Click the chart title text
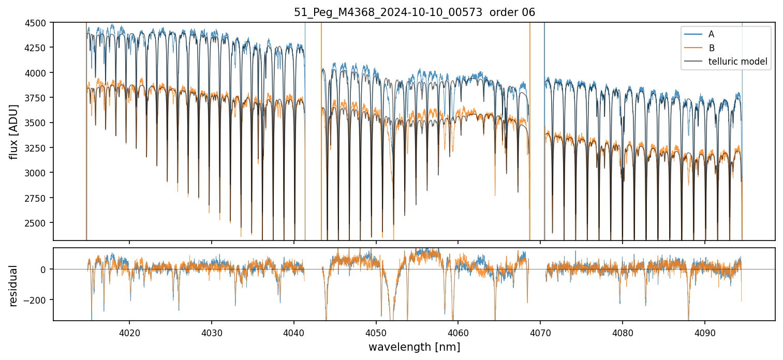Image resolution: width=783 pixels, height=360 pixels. (x=414, y=12)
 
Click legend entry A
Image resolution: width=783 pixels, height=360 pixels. (x=711, y=34)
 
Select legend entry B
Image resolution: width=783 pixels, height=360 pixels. (x=712, y=48)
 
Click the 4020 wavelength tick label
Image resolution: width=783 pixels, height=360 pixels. (x=129, y=331)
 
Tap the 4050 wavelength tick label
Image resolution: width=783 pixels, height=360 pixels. (x=376, y=331)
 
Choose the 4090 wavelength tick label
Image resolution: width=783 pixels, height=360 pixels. (x=705, y=331)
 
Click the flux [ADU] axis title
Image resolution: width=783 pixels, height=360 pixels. (x=14, y=131)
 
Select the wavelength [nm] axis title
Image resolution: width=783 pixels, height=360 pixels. (x=414, y=347)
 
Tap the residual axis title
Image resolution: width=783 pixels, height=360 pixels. (x=14, y=286)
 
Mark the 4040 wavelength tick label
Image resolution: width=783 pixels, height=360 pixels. (x=294, y=331)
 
